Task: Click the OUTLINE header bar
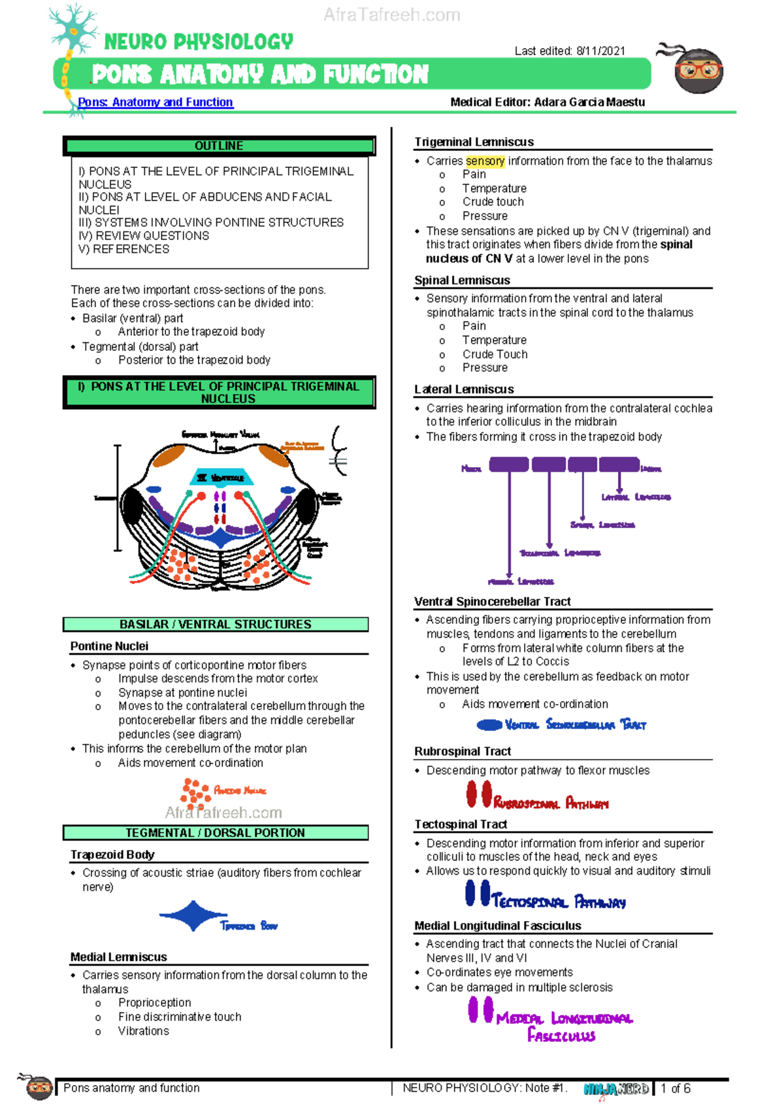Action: pyautogui.click(x=219, y=146)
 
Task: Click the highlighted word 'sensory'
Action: pyautogui.click(x=485, y=161)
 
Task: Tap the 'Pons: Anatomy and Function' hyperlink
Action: pyautogui.click(x=155, y=102)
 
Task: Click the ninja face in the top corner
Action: pyautogui.click(x=698, y=70)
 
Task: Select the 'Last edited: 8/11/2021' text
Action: pyautogui.click(x=570, y=51)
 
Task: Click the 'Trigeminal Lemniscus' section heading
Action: pyautogui.click(x=474, y=142)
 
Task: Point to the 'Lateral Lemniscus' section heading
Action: pyautogui.click(x=464, y=389)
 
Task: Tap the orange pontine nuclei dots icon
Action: pyautogui.click(x=195, y=790)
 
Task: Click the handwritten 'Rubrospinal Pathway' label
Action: pyautogui.click(x=551, y=803)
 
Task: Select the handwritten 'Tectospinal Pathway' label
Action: pyautogui.click(x=559, y=902)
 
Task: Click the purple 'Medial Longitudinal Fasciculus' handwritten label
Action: pyautogui.click(x=563, y=1026)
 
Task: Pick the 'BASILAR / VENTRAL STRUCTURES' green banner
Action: pyautogui.click(x=216, y=625)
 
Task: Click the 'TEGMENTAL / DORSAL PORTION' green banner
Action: pyautogui.click(x=216, y=833)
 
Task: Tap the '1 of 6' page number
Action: pyautogui.click(x=675, y=1088)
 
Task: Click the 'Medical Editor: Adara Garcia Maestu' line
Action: pyautogui.click(x=547, y=102)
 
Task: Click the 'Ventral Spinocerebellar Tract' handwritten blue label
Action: pyautogui.click(x=575, y=725)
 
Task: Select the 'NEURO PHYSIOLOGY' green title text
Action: pyautogui.click(x=199, y=42)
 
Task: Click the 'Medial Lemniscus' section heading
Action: pyautogui.click(x=119, y=956)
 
